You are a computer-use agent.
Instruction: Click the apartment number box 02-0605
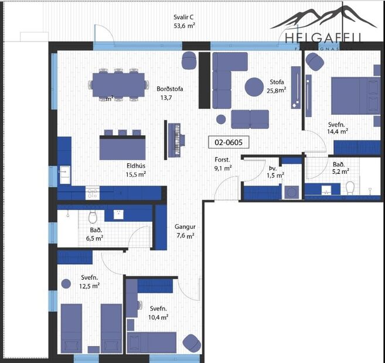(x=229, y=142)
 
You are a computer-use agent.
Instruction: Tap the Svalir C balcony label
(x=185, y=22)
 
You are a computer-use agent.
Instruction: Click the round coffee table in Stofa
(x=254, y=87)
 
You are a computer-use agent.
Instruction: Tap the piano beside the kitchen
(x=175, y=140)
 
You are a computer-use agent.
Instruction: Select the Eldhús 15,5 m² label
(x=135, y=169)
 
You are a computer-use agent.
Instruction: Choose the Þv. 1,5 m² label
(x=274, y=170)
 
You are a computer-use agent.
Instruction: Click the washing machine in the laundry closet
(x=290, y=192)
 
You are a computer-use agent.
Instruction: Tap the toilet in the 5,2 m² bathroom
(x=350, y=187)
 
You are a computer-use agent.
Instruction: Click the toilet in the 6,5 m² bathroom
(x=91, y=218)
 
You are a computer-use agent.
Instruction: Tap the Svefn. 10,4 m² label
(x=158, y=312)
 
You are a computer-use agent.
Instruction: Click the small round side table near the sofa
(x=221, y=119)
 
